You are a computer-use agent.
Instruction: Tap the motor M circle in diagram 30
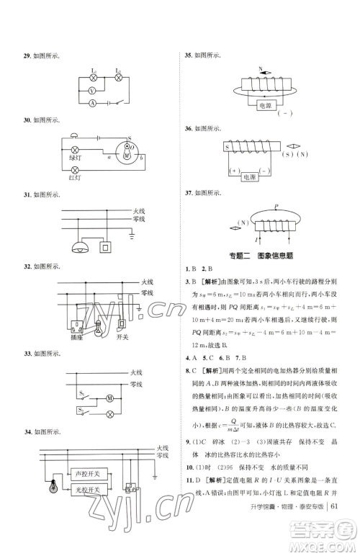(127, 154)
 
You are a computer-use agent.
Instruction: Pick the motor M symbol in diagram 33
(109, 397)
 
